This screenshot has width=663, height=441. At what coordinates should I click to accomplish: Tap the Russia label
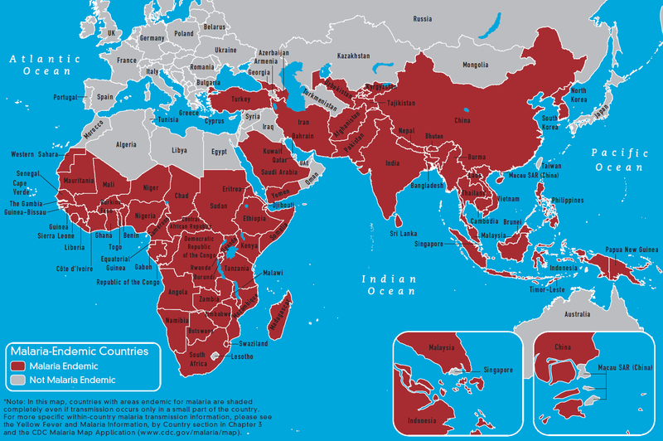tap(423, 19)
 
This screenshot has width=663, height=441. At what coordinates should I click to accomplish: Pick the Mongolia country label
tap(475, 65)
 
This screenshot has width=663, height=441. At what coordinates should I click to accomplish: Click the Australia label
tap(578, 315)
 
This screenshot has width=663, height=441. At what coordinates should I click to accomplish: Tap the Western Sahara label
tap(37, 155)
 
